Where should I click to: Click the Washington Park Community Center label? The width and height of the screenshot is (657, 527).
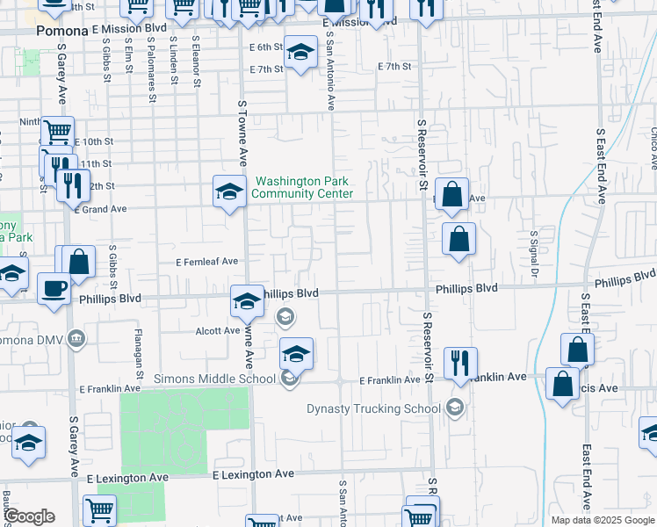(x=303, y=188)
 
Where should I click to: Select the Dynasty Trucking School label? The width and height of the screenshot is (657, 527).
(x=373, y=408)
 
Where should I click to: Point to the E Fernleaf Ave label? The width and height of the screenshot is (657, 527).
(x=207, y=262)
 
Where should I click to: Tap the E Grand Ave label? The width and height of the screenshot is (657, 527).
(x=101, y=209)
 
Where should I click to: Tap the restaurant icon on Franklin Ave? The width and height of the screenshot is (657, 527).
(x=460, y=361)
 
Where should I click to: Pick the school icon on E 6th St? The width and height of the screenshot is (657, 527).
(x=300, y=53)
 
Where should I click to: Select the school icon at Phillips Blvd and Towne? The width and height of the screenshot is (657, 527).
(x=247, y=301)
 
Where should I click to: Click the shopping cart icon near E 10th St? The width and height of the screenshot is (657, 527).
(x=57, y=132)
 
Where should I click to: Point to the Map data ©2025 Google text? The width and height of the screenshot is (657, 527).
(x=602, y=520)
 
